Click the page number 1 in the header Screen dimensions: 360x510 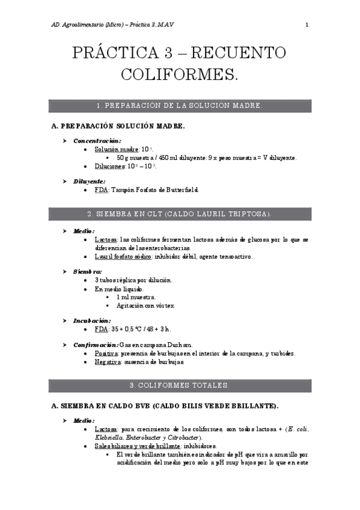[x=307, y=25]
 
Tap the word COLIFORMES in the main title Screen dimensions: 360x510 [x=180, y=75]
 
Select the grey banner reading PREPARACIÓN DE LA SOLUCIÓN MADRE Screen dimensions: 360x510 [x=180, y=106]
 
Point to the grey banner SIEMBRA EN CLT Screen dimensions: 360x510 [x=180, y=214]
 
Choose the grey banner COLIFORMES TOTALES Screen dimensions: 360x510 [x=180, y=385]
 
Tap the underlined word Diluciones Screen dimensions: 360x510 [x=109, y=165]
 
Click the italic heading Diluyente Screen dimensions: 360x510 [x=89, y=181]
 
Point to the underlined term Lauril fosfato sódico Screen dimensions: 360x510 [x=123, y=256]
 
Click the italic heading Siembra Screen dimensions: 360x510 [x=87, y=272]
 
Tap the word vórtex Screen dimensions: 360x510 [x=165, y=306]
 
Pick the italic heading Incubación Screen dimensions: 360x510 [x=91, y=321]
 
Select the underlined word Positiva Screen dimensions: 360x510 [x=106, y=354]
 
